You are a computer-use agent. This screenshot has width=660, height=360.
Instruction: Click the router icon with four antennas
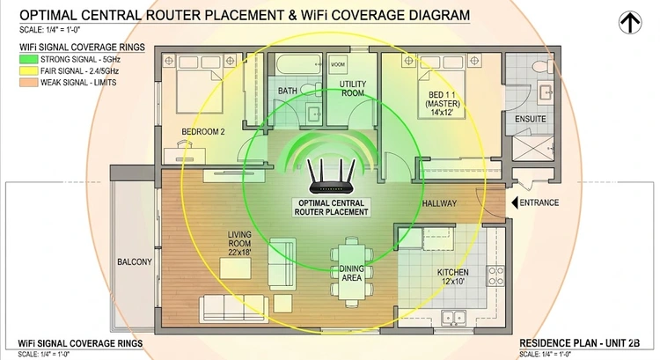331,179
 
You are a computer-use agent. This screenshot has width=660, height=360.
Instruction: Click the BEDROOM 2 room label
204,133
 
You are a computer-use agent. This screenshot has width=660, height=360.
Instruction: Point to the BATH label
287,91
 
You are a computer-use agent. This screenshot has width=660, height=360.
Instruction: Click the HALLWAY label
439,204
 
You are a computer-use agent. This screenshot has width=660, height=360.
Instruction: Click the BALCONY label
135,262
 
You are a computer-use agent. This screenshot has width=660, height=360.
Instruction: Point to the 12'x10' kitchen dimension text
453,283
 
